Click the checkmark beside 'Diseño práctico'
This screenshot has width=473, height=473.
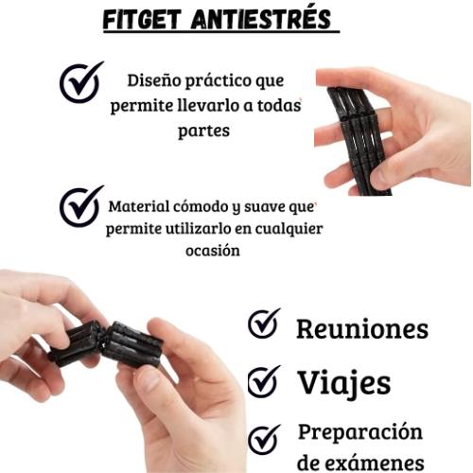pyautogui.click(x=80, y=83)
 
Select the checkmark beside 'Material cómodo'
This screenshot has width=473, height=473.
pyautogui.click(x=81, y=205)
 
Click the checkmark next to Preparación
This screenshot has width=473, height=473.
pyautogui.click(x=264, y=438)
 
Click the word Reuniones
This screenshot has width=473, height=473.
pyautogui.click(x=361, y=329)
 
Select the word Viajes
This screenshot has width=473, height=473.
pyautogui.click(x=343, y=383)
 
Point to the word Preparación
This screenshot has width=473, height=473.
pyautogui.click(x=360, y=433)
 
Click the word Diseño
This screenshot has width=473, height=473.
pyautogui.click(x=154, y=82)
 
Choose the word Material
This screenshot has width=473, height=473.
pyautogui.click(x=141, y=206)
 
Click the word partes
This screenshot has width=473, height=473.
pyautogui.click(x=203, y=131)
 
